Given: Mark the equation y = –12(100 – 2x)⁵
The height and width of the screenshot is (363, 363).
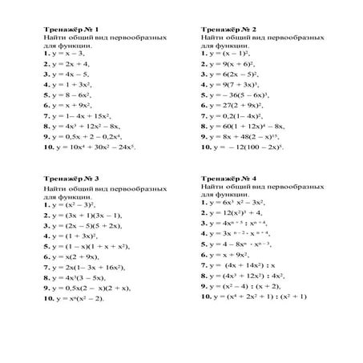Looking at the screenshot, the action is [244, 147].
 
